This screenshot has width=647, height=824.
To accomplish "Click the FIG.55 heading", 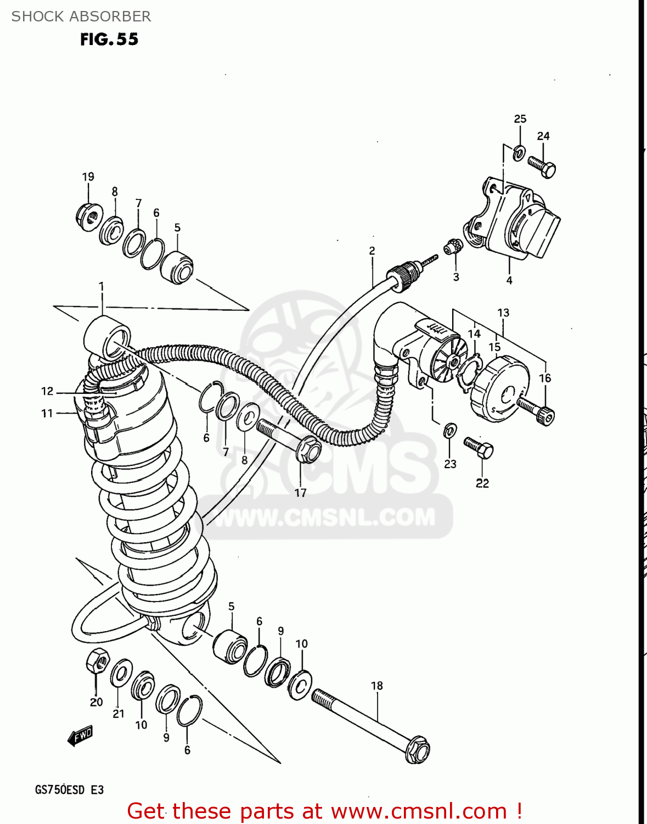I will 109,40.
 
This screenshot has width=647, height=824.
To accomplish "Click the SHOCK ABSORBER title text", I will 81,16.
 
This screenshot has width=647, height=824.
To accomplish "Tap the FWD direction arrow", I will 80,736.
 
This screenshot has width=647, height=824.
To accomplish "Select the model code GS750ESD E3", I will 69,790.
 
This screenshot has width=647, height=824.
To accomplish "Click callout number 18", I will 376,686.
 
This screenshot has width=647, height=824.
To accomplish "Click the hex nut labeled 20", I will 97,660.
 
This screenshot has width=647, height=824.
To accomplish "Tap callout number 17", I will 300,493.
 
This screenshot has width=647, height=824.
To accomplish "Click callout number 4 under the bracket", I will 509,280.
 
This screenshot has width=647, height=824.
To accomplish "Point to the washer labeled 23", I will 449,430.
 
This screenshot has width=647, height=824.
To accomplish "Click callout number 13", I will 503,313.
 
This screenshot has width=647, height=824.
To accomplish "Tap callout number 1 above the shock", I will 102,286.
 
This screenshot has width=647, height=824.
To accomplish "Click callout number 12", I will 47,391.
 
